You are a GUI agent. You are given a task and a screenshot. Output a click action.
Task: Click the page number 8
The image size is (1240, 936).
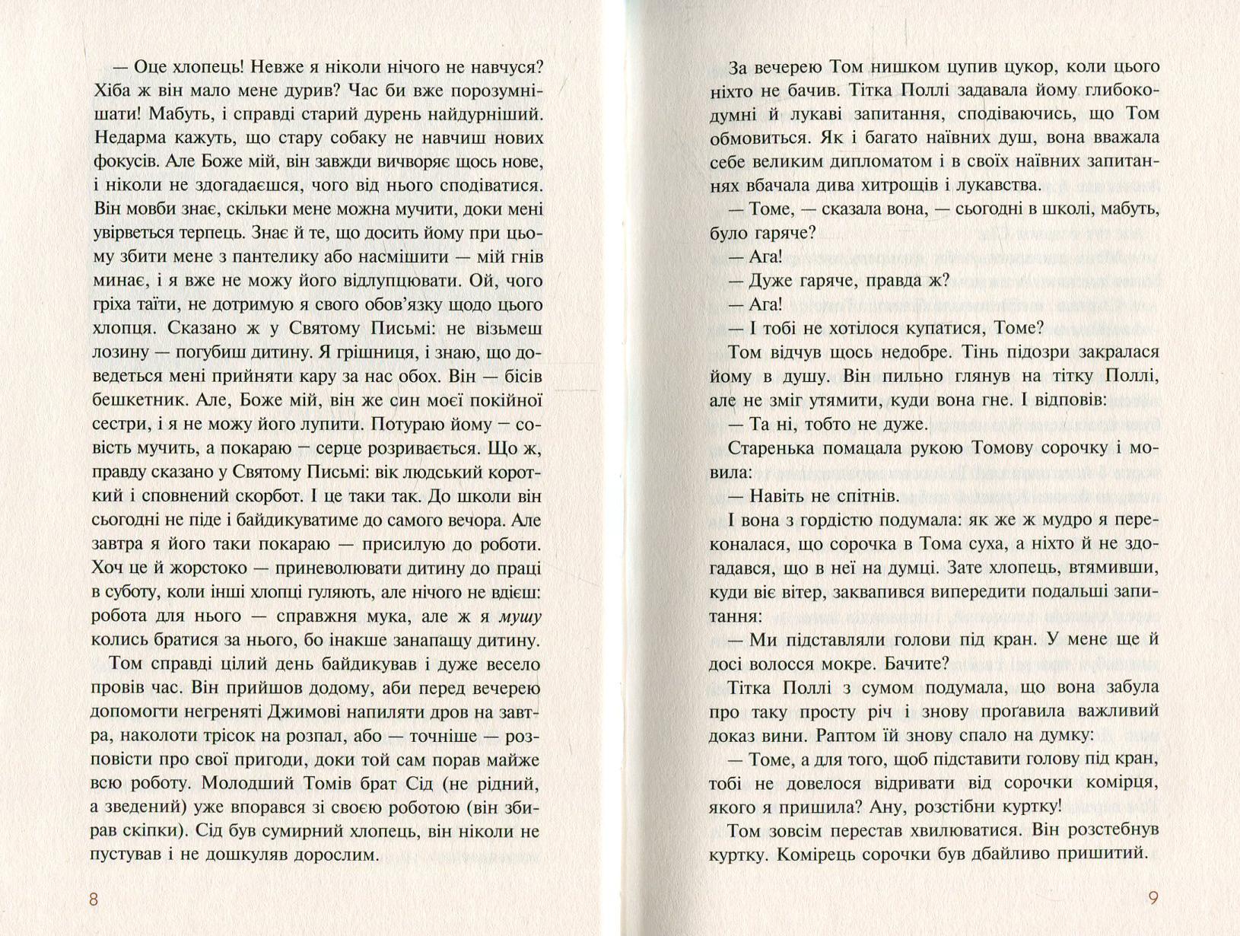coord(94,899)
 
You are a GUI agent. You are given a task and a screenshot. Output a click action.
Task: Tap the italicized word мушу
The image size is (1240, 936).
coord(520,616)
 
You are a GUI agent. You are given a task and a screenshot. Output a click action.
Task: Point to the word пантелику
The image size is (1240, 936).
coord(255,257)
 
